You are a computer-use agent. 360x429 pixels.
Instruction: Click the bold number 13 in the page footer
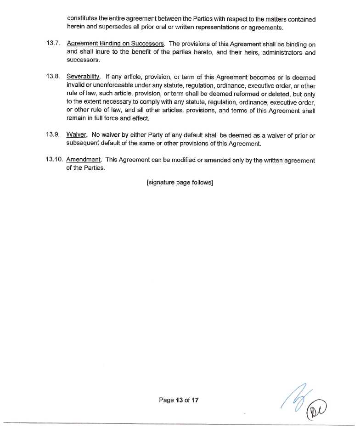click(179, 400)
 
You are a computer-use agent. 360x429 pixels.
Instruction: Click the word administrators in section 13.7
click(277, 52)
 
